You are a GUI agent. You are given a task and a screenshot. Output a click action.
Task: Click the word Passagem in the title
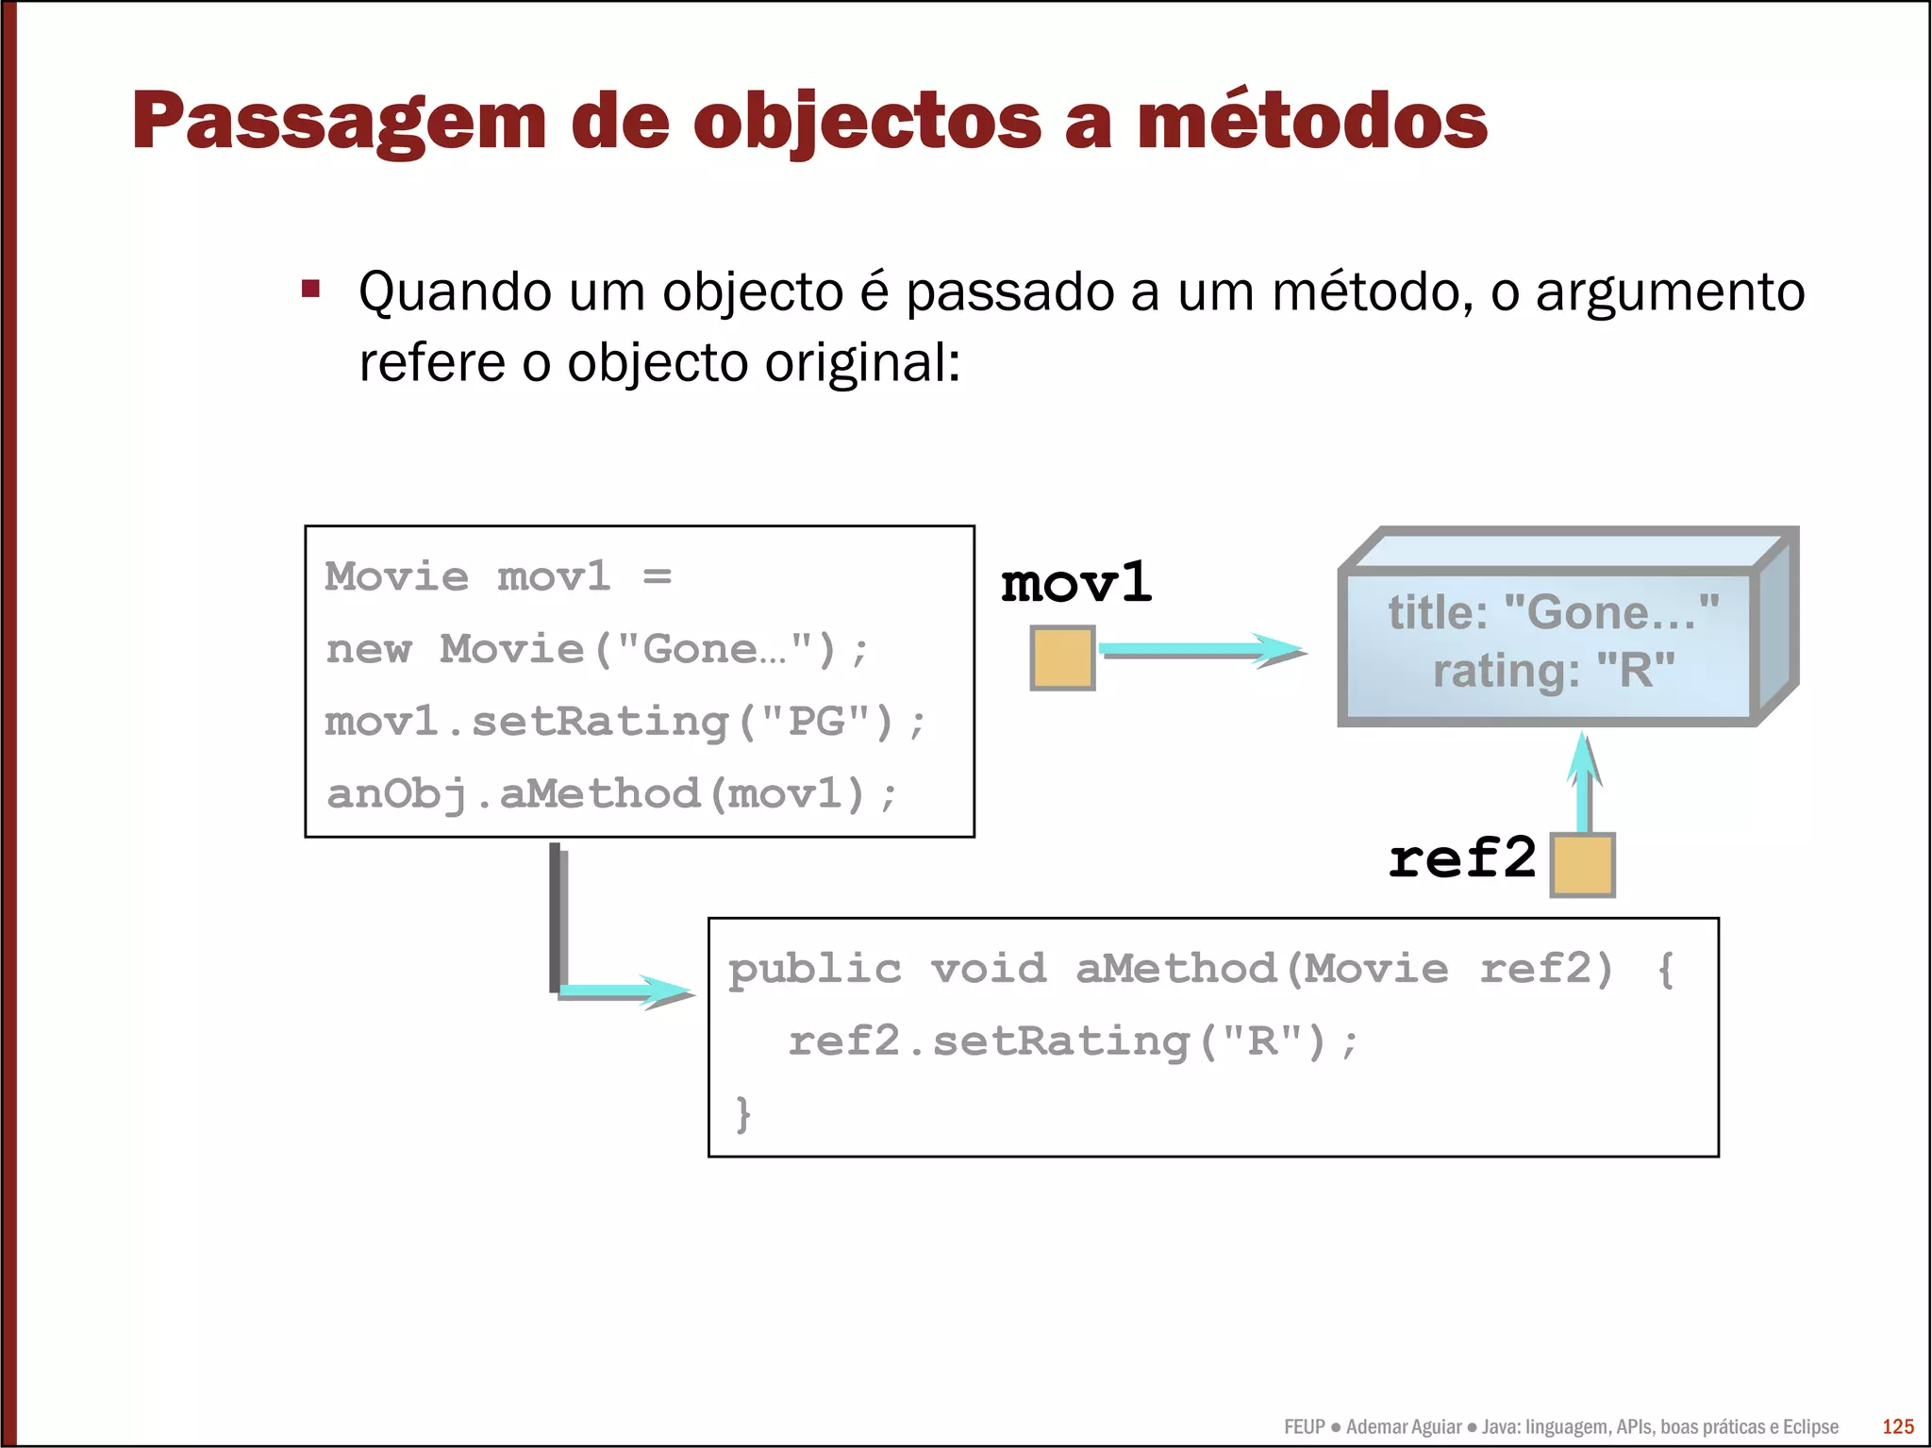[339, 122]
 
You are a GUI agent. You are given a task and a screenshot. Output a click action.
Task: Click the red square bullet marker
[310, 289]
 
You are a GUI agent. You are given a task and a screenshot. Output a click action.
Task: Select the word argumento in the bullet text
[1670, 292]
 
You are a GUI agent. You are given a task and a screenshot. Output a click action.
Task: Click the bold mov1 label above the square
[1075, 582]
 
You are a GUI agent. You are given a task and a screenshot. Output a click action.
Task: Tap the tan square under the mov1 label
[1062, 657]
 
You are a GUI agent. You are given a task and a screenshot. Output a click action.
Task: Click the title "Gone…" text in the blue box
[1553, 613]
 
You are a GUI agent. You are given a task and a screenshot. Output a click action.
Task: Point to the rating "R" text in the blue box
[1553, 671]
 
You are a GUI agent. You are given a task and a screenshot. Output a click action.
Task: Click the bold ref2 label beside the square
[1461, 858]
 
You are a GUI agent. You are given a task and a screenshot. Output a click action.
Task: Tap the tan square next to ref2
[1582, 864]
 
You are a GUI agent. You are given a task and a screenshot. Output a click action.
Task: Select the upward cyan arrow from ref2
[1584, 783]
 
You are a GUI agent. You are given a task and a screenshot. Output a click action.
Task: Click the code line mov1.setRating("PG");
[625, 722]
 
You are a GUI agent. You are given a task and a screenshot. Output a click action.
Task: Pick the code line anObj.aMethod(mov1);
[610, 793]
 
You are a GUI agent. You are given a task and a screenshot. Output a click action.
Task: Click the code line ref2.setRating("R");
[1073, 1041]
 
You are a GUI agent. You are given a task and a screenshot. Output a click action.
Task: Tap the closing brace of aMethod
[743, 1113]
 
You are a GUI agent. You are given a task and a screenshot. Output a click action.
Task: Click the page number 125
[1898, 1426]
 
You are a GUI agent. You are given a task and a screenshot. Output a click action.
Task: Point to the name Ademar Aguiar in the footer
[1403, 1426]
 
